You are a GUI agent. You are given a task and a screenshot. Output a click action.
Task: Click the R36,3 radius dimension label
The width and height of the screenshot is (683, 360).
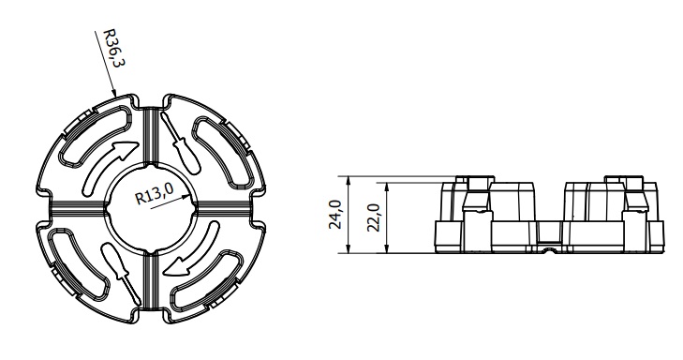114,48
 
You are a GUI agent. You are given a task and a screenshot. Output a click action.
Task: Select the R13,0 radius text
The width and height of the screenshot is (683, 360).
156,193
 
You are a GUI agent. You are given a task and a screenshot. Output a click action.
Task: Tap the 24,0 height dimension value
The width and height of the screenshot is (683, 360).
334,215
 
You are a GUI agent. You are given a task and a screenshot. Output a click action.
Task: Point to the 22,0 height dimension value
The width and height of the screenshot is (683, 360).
374,217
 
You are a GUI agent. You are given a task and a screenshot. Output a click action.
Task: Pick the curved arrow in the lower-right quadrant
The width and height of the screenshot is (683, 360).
192,256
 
